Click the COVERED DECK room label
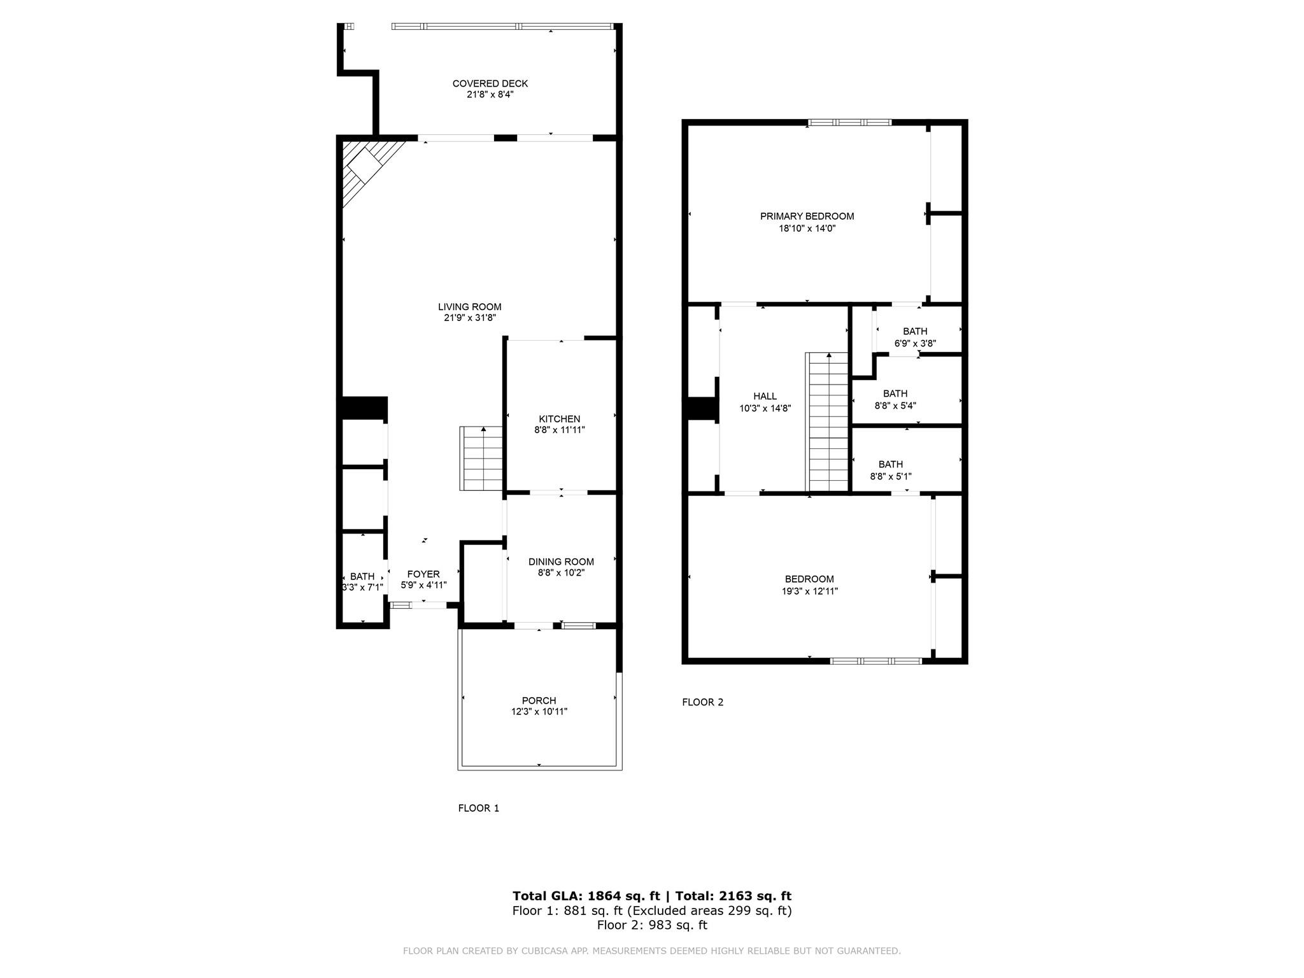point(490,83)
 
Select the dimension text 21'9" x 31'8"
point(469,318)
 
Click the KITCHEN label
point(559,419)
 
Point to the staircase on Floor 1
point(482,458)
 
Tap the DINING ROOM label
point(560,562)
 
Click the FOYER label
point(423,574)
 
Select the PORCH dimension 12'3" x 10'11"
point(539,712)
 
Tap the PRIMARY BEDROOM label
point(807,216)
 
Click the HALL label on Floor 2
point(765,396)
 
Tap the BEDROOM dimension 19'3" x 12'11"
point(809,591)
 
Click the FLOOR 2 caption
point(702,702)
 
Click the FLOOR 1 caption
point(478,808)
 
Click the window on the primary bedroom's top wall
point(849,123)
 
